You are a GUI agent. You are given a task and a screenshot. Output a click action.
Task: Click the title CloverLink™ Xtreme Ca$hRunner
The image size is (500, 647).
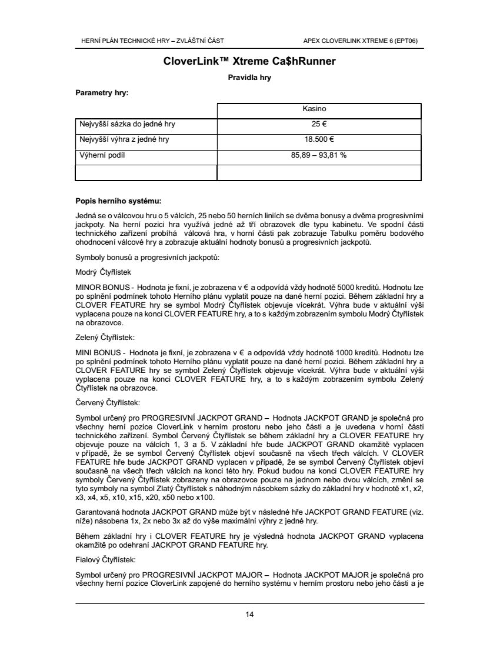pyautogui.click(x=249, y=61)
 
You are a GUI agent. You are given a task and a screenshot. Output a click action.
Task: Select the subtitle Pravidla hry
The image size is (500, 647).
pyautogui.click(x=249, y=77)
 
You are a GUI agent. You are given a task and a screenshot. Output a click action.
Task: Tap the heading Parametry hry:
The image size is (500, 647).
pyautogui.click(x=102, y=92)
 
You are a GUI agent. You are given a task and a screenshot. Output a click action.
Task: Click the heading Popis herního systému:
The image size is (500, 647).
pyautogui.click(x=118, y=200)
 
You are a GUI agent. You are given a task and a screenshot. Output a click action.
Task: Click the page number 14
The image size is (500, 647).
pyautogui.click(x=249, y=615)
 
